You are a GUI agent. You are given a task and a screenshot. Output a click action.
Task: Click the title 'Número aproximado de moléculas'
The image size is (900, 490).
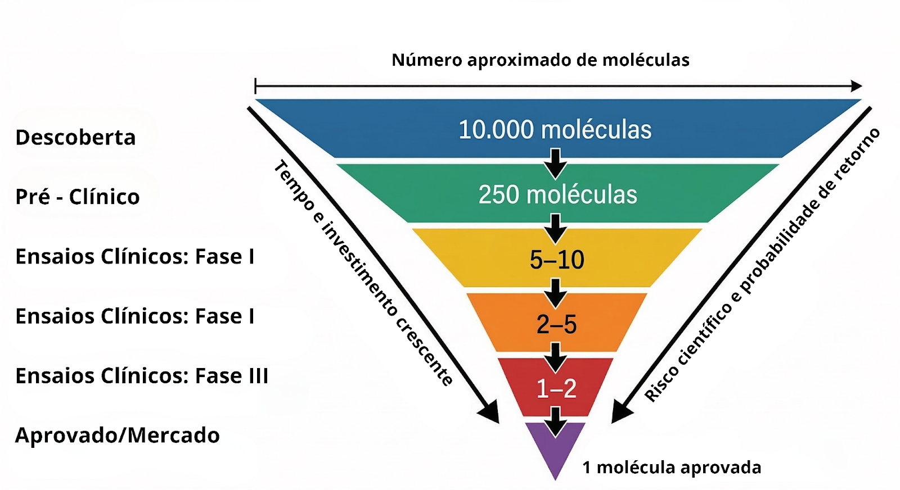coord(540,60)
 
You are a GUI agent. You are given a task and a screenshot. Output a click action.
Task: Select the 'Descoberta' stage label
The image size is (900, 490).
coord(75,138)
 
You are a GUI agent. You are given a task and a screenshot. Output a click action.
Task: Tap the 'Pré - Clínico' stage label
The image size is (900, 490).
coord(78,197)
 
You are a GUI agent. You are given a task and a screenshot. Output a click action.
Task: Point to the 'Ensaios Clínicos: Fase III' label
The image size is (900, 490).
coord(142,376)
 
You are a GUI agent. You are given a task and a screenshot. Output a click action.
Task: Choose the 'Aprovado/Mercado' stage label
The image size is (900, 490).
coord(117,435)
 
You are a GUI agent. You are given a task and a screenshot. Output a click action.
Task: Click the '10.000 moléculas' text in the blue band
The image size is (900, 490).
coord(555,130)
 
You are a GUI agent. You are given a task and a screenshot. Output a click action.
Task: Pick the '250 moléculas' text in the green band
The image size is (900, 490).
coord(557,195)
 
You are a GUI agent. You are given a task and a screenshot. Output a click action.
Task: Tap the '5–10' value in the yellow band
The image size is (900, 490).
coord(557,260)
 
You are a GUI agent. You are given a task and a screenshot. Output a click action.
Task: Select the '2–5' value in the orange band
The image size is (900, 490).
coord(556,324)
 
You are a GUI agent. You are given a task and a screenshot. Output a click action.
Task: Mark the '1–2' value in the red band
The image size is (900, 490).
coord(556,388)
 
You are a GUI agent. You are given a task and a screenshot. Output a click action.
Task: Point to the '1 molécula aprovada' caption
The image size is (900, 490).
coord(672,468)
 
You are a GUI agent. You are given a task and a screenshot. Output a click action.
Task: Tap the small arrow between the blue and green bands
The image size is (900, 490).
coord(555,163)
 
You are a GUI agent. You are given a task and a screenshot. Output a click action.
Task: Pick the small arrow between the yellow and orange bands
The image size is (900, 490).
coord(555,293)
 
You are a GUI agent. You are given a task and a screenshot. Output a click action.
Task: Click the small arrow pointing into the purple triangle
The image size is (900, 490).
coord(555,421)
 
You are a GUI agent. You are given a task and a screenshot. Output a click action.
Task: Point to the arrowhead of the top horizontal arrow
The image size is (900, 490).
coord(856,86)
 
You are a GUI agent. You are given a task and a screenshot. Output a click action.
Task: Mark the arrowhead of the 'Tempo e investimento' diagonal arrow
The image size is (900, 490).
coord(489,412)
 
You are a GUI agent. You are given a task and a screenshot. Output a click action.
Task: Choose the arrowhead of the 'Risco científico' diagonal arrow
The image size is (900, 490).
coord(620,412)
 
